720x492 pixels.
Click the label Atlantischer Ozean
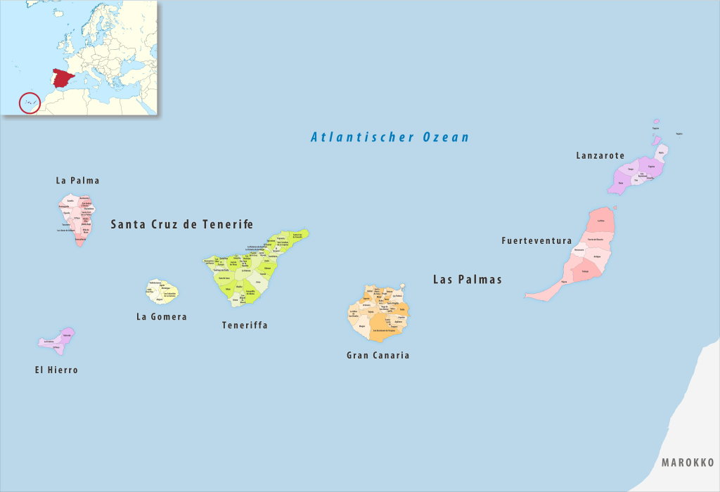tap(390, 137)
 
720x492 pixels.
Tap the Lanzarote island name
tap(600, 155)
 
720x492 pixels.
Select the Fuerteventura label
tap(536, 240)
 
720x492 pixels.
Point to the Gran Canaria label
tap(378, 355)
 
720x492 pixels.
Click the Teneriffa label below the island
tap(245, 325)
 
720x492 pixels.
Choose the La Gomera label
tap(162, 317)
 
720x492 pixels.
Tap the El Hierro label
tap(56, 370)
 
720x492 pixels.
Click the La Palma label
tap(77, 181)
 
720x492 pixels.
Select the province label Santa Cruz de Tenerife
tap(182, 224)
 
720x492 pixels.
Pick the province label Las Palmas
tap(468, 279)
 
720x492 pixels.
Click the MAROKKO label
tap(688, 462)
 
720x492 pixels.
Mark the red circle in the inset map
tap(30, 103)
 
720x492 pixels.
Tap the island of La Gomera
tap(162, 291)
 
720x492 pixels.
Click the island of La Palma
tap(77, 218)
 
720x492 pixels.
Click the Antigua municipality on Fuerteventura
tap(596, 257)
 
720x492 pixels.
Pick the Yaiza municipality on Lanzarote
tap(620, 183)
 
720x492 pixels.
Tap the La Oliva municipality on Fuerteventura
tap(600, 221)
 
